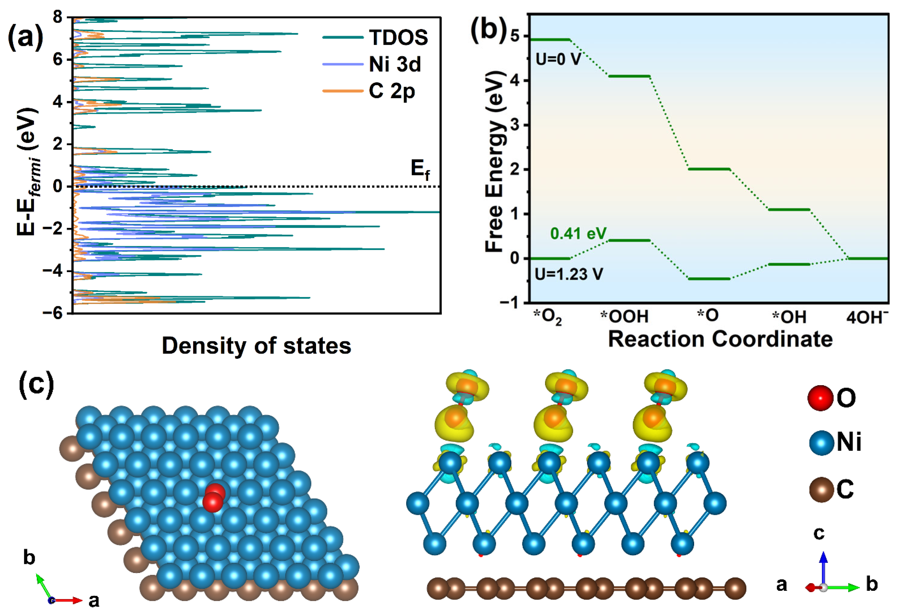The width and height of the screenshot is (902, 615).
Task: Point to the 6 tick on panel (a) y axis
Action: [57, 60]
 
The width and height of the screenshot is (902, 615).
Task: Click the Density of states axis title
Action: [256, 346]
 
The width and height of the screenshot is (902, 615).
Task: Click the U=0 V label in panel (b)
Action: [558, 59]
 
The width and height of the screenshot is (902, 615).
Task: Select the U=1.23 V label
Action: [569, 274]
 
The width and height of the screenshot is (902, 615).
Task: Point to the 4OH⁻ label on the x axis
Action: [867, 317]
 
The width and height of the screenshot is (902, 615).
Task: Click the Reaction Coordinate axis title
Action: [720, 339]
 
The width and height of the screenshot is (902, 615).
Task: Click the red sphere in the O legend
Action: [820, 398]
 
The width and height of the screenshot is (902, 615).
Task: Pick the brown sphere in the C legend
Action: [821, 490]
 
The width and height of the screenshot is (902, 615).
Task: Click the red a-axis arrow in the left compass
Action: [70, 600]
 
